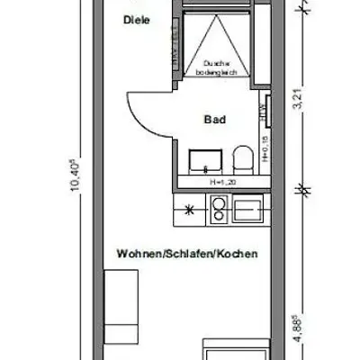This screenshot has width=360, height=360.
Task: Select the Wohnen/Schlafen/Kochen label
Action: pos(187,255)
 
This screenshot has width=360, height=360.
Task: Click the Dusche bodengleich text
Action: pos(219,67)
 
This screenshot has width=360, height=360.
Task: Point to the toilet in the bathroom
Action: pos(239,163)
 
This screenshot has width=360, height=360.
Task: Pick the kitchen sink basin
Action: pos(246,211)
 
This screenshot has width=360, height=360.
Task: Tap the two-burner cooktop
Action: pos(217,211)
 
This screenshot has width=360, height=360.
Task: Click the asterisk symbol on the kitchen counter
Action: pos(188,211)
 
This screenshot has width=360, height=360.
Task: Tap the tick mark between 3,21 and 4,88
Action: pos(304,189)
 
